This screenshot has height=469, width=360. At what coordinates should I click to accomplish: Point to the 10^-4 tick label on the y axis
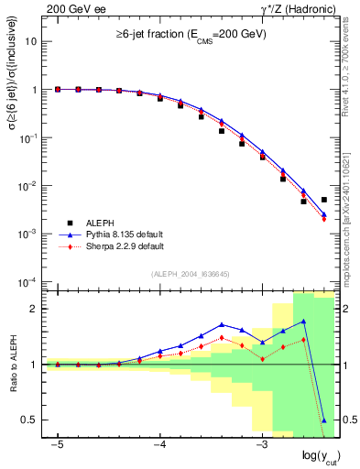[x=30, y=281]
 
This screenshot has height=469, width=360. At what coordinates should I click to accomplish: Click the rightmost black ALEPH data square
[x=324, y=200]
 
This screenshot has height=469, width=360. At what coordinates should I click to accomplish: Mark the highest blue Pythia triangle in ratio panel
[x=303, y=322]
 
